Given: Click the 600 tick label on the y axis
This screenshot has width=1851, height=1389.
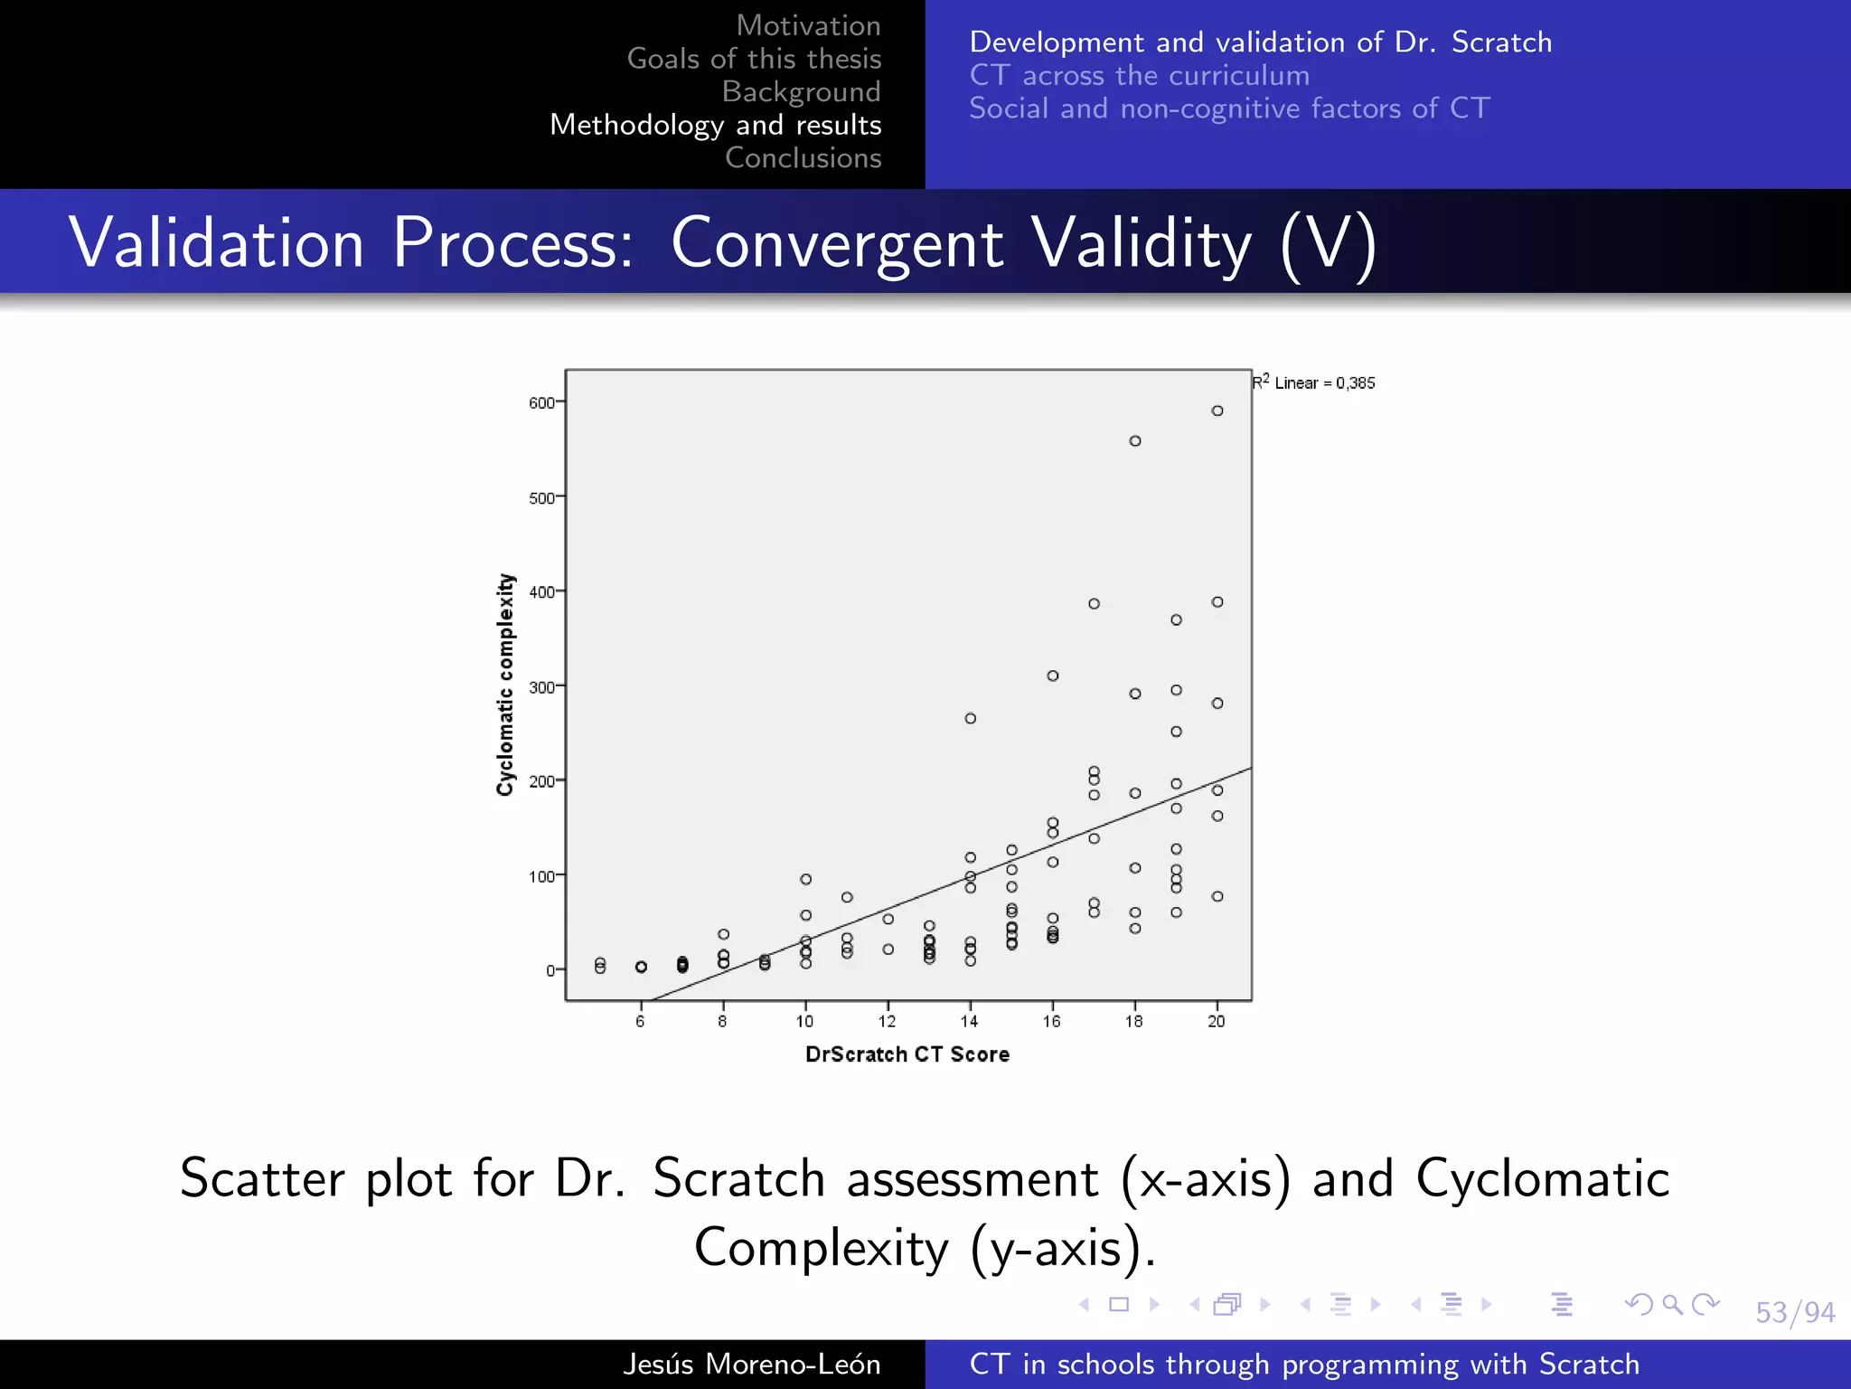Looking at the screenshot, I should pyautogui.click(x=540, y=403).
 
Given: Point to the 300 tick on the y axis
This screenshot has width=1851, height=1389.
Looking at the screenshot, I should pyautogui.click(x=541, y=687).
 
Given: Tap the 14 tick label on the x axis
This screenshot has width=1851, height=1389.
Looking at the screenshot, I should pyautogui.click(x=969, y=1022).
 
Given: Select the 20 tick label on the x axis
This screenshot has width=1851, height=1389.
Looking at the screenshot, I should pyautogui.click(x=1217, y=1022).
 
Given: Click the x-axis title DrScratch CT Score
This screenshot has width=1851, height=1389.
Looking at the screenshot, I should pyautogui.click(x=907, y=1054).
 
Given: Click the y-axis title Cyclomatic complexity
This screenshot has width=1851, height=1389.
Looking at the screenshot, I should pyautogui.click(x=505, y=685).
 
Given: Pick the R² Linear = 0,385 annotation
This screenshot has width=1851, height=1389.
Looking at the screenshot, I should pyautogui.click(x=1313, y=383).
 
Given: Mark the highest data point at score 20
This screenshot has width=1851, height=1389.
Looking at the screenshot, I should pyautogui.click(x=1217, y=411).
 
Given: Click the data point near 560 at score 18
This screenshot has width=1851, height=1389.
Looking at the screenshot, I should pyautogui.click(x=1135, y=441).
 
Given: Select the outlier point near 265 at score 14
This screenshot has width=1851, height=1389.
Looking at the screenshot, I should pyautogui.click(x=970, y=719).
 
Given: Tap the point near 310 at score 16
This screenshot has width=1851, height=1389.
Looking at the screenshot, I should pyautogui.click(x=1053, y=676).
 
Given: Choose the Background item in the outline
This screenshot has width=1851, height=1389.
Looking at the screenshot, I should pyautogui.click(x=801, y=91).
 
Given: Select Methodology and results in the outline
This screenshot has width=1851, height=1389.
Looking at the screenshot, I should pyautogui.click(x=715, y=125).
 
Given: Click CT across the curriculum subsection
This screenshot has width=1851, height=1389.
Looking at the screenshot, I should pyautogui.click(x=1139, y=75).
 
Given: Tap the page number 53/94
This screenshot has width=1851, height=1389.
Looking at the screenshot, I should pyautogui.click(x=1794, y=1312).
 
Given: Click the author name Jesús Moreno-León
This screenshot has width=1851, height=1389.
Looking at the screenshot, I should pyautogui.click(x=751, y=1364).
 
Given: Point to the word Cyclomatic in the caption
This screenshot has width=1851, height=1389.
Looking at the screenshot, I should pyautogui.click(x=1542, y=1178).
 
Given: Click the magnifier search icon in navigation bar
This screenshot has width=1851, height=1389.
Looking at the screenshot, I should pyautogui.click(x=1672, y=1304).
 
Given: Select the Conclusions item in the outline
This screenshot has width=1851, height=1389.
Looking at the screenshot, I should pyautogui.click(x=803, y=157).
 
